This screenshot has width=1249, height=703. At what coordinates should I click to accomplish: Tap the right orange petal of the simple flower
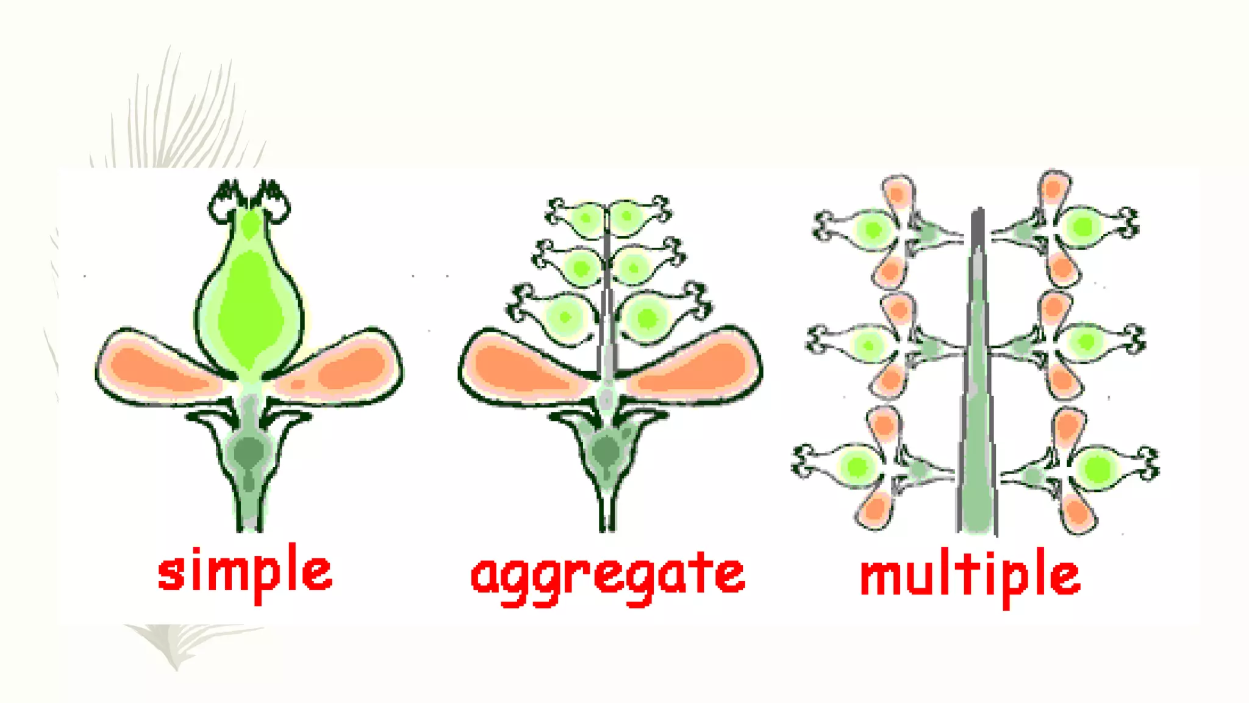point(345,366)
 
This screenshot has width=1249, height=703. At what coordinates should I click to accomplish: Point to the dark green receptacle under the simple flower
point(249,452)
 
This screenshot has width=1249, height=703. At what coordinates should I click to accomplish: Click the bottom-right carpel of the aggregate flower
point(646,318)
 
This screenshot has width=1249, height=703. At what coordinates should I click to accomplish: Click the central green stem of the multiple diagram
point(977,397)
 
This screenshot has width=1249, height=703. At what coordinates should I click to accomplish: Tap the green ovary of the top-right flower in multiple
point(1083,226)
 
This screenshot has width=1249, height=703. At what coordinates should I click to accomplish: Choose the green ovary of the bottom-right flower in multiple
point(1098,469)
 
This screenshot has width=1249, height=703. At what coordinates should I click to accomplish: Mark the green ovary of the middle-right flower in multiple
point(1086,342)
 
